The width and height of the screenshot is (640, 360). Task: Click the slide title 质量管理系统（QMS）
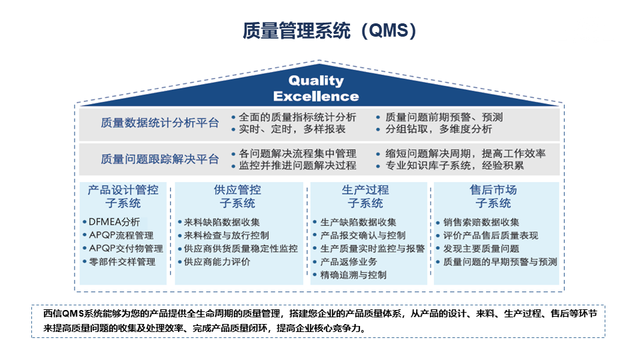329,31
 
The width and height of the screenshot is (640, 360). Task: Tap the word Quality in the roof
316,81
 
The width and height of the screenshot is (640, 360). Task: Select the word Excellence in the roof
316,96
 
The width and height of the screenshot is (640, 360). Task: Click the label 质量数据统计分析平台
159,123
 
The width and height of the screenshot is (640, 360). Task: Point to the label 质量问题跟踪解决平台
159,159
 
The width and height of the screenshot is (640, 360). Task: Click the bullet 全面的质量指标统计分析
297,117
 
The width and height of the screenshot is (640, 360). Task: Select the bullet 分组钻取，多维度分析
439,129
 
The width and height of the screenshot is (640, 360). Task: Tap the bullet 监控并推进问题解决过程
297,165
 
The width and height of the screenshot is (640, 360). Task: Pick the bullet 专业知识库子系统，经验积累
454,165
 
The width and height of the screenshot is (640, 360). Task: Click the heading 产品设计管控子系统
123,196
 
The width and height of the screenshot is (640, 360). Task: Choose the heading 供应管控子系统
237,196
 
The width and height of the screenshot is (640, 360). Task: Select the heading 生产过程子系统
365,196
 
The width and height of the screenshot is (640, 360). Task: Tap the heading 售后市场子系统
493,196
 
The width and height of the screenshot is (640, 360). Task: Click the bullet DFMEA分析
114,222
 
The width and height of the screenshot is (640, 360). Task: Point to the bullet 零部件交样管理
122,261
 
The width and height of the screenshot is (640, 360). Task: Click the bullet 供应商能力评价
217,261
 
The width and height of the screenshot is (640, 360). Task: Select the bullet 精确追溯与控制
353,275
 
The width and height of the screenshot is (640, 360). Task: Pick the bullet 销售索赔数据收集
481,222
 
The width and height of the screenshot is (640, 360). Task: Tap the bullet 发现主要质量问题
481,249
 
